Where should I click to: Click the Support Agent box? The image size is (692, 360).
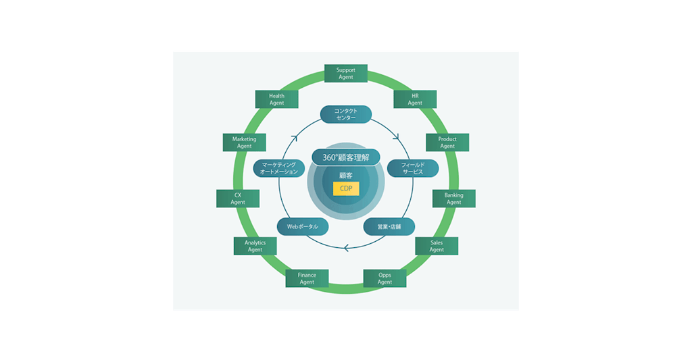345,73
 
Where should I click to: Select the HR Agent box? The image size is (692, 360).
415,99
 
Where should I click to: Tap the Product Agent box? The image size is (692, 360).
447,143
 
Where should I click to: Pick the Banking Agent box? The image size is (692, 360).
453,199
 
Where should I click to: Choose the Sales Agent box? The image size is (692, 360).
437,246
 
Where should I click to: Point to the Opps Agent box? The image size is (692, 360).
385,278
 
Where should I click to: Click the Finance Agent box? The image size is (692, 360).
307,278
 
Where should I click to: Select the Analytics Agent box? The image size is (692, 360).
255,246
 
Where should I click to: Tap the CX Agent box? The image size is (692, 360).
238,199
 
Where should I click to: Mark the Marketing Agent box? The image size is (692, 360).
244,143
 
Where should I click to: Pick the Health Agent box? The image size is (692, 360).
276,99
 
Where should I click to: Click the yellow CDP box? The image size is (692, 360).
346,188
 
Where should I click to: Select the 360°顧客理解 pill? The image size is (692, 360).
346,157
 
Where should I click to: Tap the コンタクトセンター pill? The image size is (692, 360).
345,114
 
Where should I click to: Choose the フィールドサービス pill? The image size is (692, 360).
412,168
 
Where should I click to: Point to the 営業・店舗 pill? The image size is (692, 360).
389,226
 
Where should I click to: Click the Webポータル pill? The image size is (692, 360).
302,226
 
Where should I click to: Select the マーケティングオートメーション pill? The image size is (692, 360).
279,168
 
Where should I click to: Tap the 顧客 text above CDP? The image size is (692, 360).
346,174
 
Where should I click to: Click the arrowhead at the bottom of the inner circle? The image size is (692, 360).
346,248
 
